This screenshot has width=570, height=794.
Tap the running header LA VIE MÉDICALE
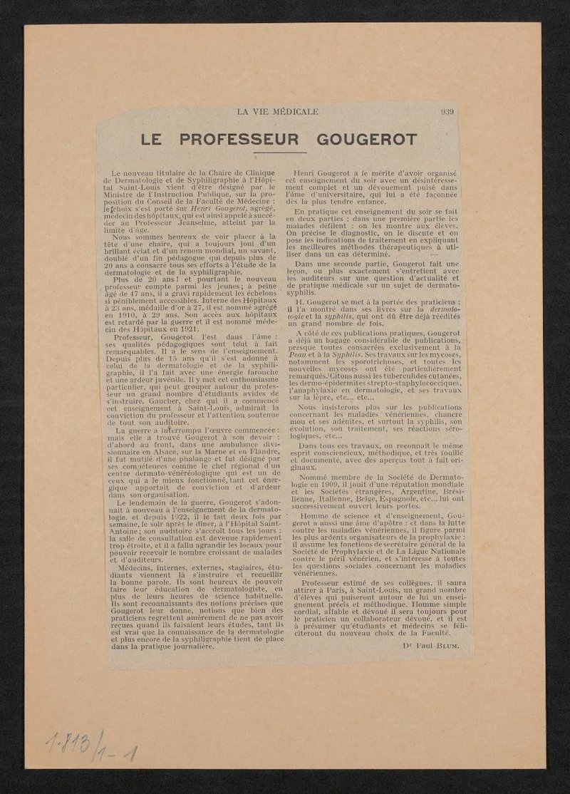(x=277, y=111)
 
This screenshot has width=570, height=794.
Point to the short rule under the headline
(x=279, y=152)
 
